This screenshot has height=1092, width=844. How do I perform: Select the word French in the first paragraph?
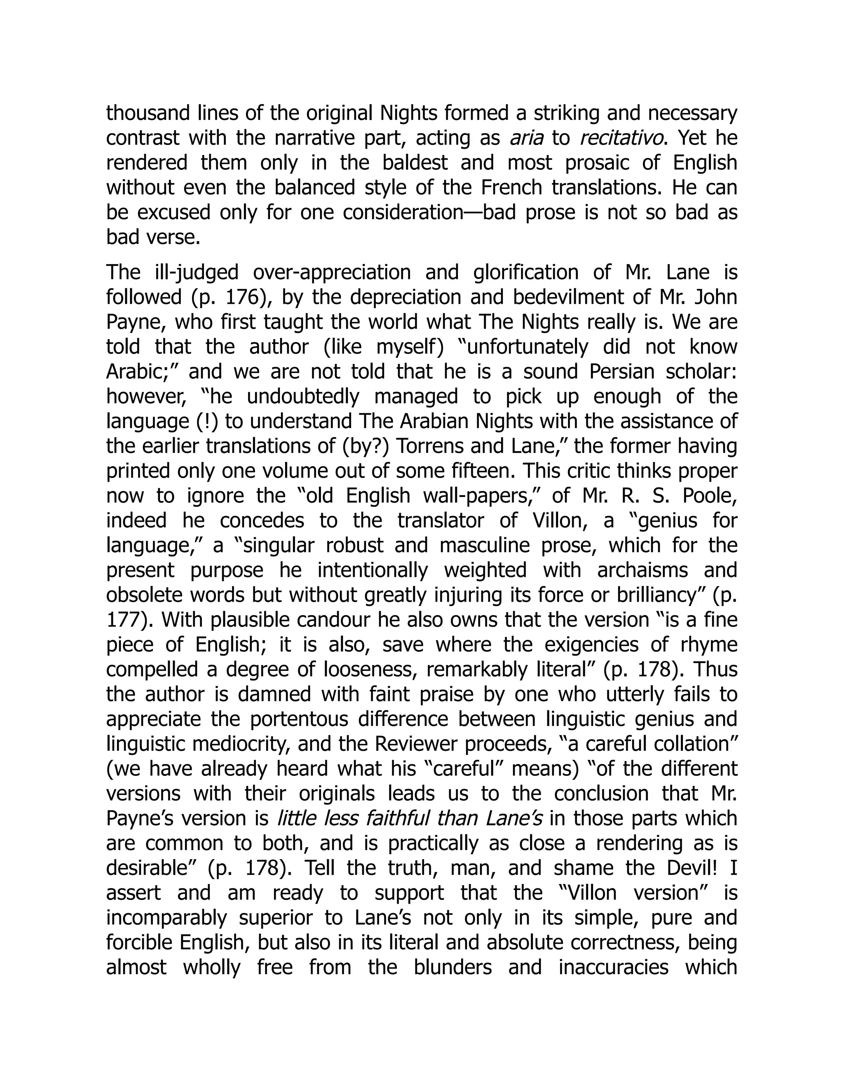click(x=511, y=187)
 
